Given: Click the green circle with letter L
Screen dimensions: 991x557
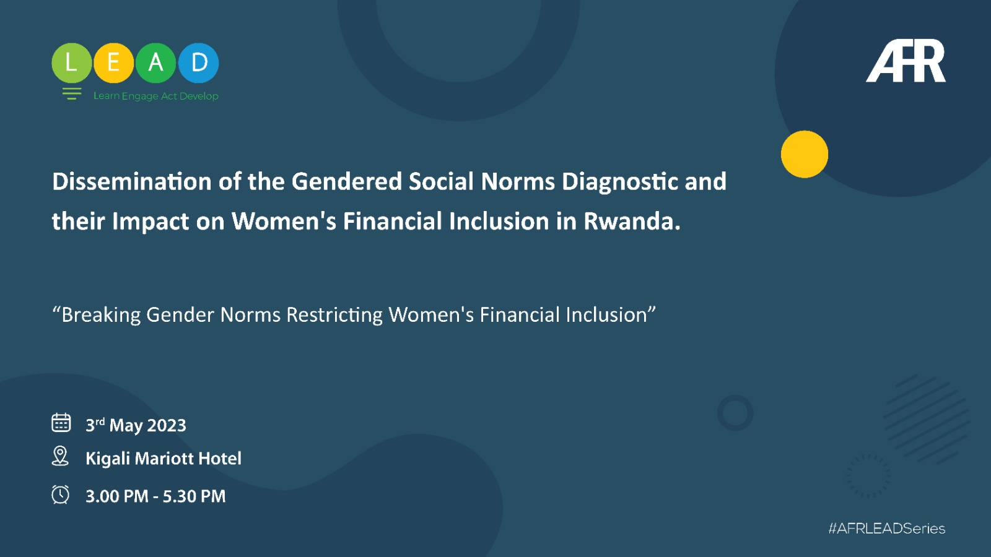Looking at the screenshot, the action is point(72,63).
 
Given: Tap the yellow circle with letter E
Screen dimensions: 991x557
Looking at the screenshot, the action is point(114,63).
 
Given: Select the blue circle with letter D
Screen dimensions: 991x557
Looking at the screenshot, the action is point(199,63).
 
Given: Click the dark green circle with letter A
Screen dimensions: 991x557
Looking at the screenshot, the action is point(155,63).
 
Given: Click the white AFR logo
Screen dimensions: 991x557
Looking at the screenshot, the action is point(906,61).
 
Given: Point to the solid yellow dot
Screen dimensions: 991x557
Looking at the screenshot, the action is point(805,154).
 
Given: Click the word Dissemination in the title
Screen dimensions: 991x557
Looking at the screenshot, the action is point(132,182).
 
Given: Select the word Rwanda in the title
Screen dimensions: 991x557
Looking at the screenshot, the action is point(632,221).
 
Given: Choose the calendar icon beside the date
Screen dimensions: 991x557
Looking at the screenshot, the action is point(61,423).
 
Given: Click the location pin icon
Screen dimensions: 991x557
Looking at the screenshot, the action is point(60,456).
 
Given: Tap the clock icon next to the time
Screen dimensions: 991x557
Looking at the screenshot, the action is point(60,494).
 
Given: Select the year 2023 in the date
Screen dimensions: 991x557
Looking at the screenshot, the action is point(167,426).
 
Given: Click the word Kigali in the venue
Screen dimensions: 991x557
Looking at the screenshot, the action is point(108,459).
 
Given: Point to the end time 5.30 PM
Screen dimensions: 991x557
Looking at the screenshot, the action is point(194,496).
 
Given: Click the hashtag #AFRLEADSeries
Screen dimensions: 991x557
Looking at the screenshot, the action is point(886,529).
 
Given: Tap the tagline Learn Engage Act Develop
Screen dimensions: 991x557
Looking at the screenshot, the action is point(155,96).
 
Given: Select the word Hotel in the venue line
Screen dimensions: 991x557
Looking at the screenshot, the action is point(220,459).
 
